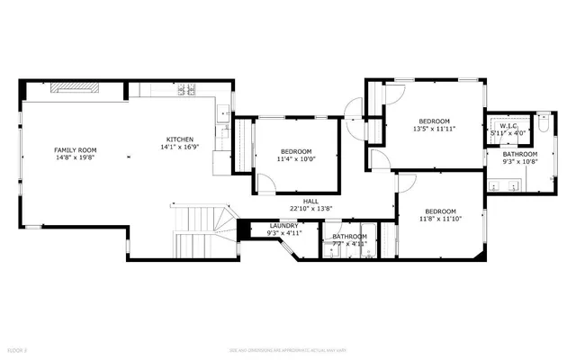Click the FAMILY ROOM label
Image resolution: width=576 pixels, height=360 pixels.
76,149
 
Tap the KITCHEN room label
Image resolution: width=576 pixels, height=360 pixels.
180,139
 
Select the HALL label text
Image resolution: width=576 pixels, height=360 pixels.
311,201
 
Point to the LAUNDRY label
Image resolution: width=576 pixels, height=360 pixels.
283,226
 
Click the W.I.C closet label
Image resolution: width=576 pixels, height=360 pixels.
508,126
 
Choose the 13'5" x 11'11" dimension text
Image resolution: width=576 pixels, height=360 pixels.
434,129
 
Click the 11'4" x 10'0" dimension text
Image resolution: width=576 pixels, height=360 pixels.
296,158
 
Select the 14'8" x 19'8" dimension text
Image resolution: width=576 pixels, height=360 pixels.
76,157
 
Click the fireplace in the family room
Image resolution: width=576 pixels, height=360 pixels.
76,87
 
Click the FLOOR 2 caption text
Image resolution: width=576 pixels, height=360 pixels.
17,347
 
